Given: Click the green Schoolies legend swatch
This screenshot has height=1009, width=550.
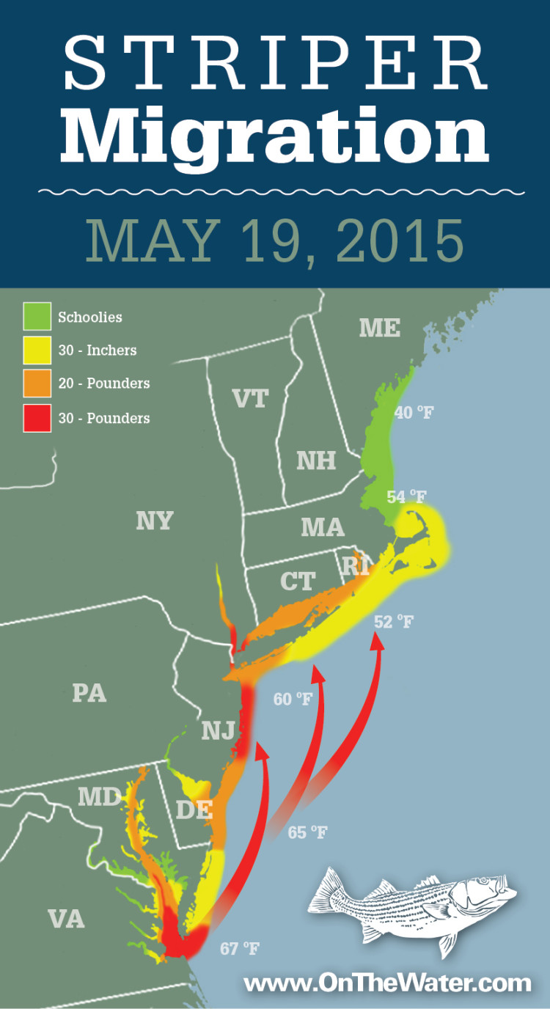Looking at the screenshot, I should pos(37,317).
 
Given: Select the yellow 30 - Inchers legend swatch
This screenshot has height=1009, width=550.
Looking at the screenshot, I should pos(37,351).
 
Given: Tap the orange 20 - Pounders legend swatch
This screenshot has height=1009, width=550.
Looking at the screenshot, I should pos(37,384).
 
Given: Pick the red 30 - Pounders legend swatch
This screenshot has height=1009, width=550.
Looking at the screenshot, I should pos(37,418).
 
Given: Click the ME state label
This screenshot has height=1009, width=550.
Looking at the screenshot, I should pos(379,329).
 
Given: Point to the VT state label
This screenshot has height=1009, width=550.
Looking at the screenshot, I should pos(250,398).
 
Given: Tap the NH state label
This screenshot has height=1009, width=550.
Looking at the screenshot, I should pos(316,461).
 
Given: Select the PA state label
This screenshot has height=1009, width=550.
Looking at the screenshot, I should pos(89,693).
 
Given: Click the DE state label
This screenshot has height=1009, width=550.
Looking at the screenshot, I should pos(194,810).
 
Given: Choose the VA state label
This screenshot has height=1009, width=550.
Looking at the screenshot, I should pos(66,918).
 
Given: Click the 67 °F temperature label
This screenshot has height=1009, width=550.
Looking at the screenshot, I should pos(240,949).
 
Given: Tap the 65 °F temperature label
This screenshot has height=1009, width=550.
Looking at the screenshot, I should pos(307,832).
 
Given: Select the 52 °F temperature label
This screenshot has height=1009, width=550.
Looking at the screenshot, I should pos(394,622).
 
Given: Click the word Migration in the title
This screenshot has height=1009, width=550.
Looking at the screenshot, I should pos(274,136).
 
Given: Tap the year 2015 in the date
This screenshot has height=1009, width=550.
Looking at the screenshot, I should pos(394,239).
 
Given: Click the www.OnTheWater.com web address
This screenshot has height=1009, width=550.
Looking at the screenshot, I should pos(386,983).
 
